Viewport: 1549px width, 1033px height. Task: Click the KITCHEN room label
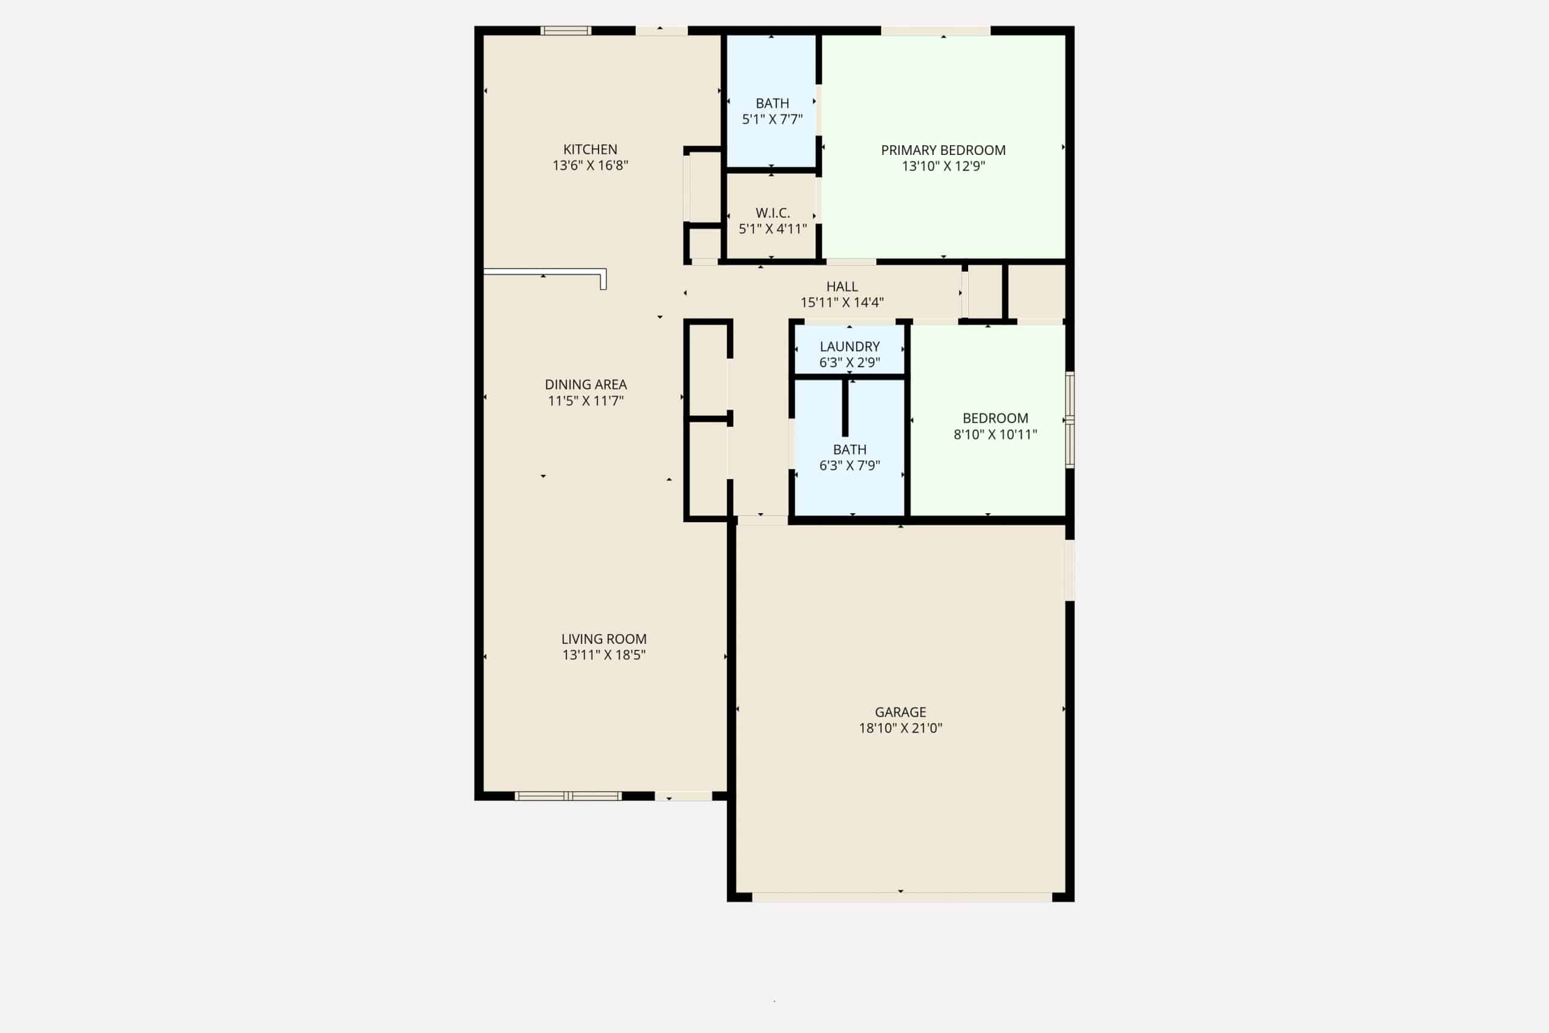pyautogui.click(x=590, y=149)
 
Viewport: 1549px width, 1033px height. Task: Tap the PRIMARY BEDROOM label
pyautogui.click(x=943, y=150)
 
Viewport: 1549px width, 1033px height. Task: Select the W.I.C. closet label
pyautogui.click(x=773, y=214)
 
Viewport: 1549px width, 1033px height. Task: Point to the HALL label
pyautogui.click(x=842, y=287)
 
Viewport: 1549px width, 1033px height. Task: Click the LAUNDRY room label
pyautogui.click(x=850, y=347)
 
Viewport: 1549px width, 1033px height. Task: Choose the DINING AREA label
pyautogui.click(x=586, y=385)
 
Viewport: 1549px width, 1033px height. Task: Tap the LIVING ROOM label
pyautogui.click(x=604, y=639)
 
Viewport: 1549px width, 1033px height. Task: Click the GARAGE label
pyautogui.click(x=900, y=712)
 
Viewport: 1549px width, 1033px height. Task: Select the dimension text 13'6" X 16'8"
pyautogui.click(x=590, y=165)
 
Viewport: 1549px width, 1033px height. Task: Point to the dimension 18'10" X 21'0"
pyautogui.click(x=900, y=728)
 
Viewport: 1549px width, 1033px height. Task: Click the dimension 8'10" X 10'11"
pyautogui.click(x=995, y=434)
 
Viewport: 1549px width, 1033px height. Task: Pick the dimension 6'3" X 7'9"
pyautogui.click(x=850, y=466)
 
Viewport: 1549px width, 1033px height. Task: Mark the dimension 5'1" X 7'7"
pyautogui.click(x=773, y=119)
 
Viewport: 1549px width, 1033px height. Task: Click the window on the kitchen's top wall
pyautogui.click(x=566, y=30)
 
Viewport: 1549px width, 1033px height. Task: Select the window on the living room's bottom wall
pyautogui.click(x=568, y=796)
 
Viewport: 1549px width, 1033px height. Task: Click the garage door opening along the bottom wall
pyautogui.click(x=902, y=897)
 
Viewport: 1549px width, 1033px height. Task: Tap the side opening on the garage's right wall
pyautogui.click(x=1070, y=571)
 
